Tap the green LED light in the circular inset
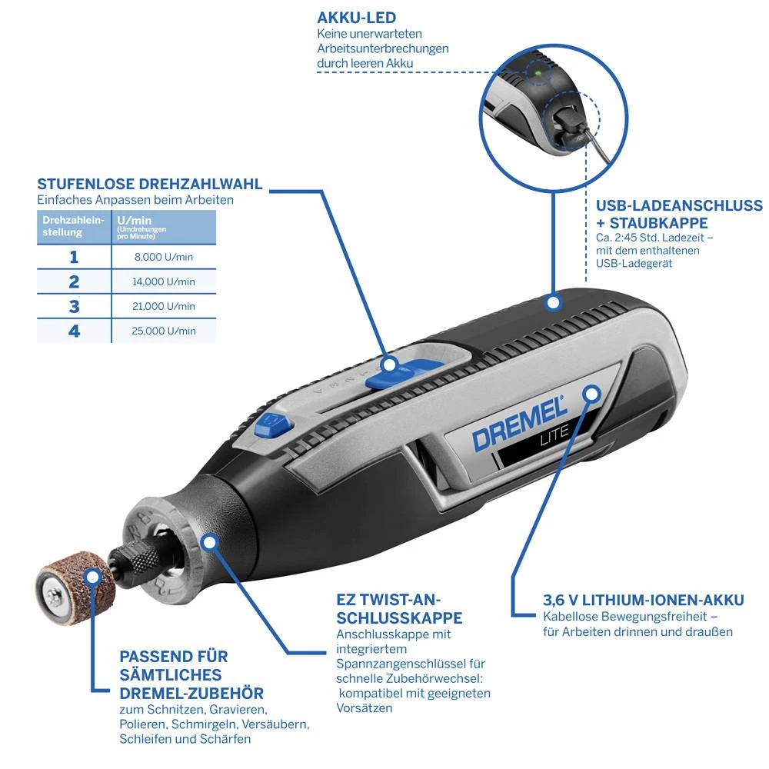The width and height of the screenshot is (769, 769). [539, 74]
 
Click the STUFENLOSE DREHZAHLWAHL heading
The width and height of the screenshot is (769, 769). [150, 185]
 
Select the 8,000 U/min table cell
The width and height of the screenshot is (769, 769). [164, 257]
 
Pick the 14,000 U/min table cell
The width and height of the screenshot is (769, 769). [164, 281]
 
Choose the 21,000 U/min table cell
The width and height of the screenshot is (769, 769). [164, 306]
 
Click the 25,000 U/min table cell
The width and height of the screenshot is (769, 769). [164, 331]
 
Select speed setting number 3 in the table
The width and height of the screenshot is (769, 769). [74, 306]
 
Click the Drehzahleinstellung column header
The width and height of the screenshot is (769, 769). [73, 226]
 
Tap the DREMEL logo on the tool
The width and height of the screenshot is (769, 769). [519, 423]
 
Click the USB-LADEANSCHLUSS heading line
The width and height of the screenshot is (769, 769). [679, 205]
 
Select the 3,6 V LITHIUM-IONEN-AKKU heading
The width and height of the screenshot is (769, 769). [643, 600]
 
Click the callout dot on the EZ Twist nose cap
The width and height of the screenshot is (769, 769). [208, 541]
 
